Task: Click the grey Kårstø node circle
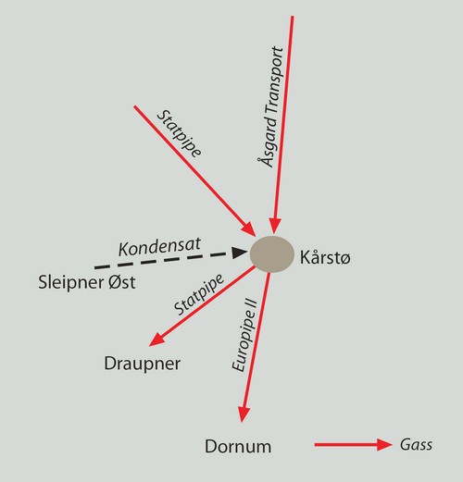click(x=272, y=254)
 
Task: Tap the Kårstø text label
click(x=325, y=257)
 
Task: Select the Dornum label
click(x=238, y=446)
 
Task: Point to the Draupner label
click(x=143, y=364)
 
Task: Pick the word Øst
click(x=122, y=282)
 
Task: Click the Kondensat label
click(x=159, y=247)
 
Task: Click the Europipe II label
click(x=244, y=335)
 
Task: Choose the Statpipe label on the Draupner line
click(x=199, y=294)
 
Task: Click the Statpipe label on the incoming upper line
click(x=179, y=134)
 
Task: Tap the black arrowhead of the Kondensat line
click(x=240, y=253)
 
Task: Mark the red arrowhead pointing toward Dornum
click(x=244, y=414)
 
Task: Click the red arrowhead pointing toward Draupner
click(x=156, y=340)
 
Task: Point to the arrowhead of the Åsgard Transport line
click(x=275, y=226)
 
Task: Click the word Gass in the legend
click(x=416, y=445)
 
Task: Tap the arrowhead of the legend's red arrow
click(x=384, y=445)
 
